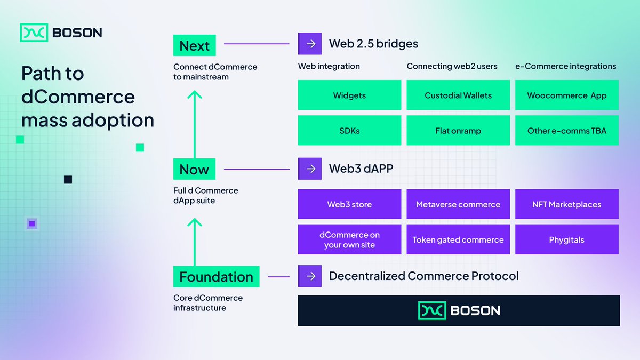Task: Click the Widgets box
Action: coord(349,95)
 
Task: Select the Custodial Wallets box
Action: coord(458,95)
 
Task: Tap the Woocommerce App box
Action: coord(566,95)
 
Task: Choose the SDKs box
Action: coord(349,131)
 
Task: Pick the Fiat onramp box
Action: coord(458,131)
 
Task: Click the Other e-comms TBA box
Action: coord(566,131)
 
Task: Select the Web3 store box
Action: coord(349,204)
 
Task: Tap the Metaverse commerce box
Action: coord(458,204)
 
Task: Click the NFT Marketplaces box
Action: coord(566,204)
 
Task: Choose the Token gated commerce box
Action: coord(458,240)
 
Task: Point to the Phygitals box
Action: coord(566,240)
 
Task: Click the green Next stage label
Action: coord(194,46)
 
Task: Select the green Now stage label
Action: coord(194,170)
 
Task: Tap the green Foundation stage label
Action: coord(216,277)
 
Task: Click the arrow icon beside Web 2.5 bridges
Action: coord(310,44)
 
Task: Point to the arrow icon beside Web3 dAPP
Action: coord(310,169)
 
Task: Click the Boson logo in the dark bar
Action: coord(459,310)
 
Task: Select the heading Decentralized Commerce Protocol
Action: coord(423,276)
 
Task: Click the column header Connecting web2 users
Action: coord(452,66)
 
